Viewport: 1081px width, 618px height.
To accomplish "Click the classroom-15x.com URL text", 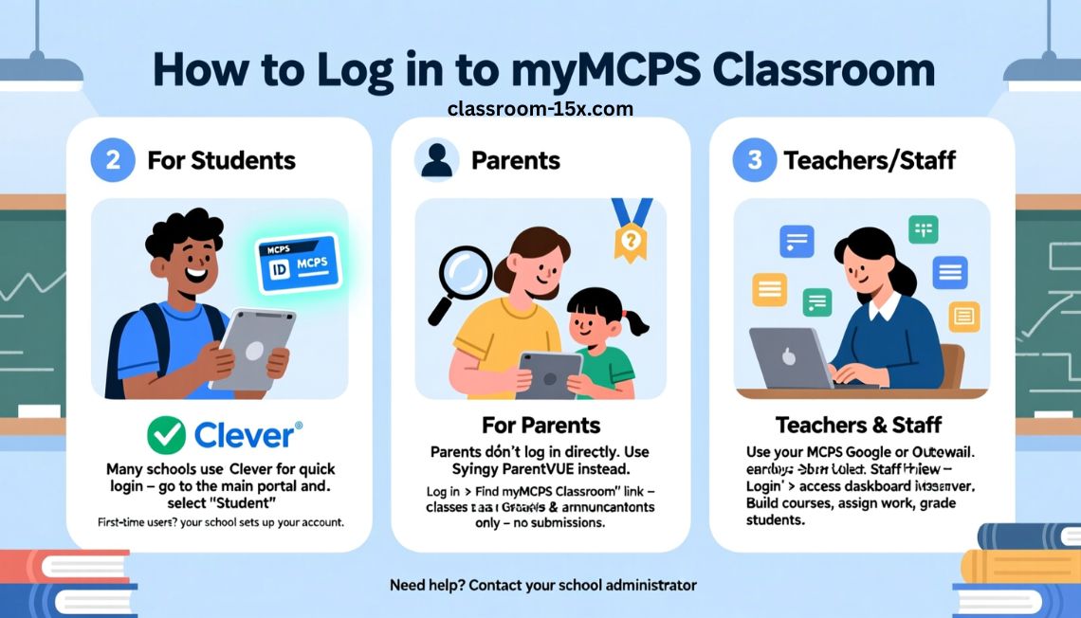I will (540, 109).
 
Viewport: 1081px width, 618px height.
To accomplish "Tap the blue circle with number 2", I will (113, 159).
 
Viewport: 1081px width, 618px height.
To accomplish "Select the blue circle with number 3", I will (755, 159).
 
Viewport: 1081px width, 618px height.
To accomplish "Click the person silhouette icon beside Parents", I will (437, 159).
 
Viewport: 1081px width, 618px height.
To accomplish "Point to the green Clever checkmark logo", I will (167, 435).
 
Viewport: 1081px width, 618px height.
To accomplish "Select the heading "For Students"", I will (221, 160).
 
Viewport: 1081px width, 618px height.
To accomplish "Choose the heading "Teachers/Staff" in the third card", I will (870, 160).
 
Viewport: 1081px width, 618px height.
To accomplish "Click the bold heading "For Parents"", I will (540, 424).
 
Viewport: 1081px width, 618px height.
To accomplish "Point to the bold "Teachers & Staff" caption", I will (858, 424).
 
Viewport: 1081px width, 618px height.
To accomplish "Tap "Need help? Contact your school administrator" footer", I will (542, 585).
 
